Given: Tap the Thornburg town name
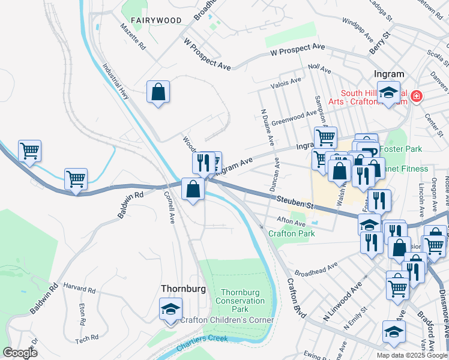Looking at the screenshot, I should [x=183, y=289].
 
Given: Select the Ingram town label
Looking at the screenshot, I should [x=388, y=74].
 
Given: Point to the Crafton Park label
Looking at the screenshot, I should [x=292, y=233].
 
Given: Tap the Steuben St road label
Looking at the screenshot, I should [x=295, y=202].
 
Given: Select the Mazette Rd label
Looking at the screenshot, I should [x=133, y=37].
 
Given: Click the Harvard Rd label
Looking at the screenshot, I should [x=80, y=288].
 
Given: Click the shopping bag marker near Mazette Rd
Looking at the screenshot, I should [x=158, y=92].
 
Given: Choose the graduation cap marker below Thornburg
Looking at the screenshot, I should [x=171, y=310].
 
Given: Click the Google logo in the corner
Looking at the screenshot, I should [x=20, y=353].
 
